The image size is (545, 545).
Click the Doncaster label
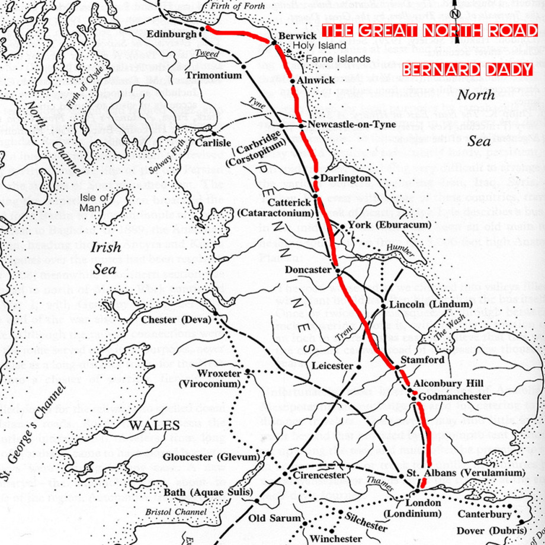tap(307, 270)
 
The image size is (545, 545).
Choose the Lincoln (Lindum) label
tap(421, 305)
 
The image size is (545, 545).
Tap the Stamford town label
tap(422, 360)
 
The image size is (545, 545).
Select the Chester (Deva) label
tap(175, 320)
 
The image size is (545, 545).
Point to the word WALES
tap(155, 425)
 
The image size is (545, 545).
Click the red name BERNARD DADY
tap(467, 70)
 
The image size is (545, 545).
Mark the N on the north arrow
tap(454, 14)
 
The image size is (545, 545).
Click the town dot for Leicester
tap(358, 367)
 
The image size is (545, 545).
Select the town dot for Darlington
tap(316, 178)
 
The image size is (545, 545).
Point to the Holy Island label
tap(319, 46)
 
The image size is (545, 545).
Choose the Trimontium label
tap(214, 76)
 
